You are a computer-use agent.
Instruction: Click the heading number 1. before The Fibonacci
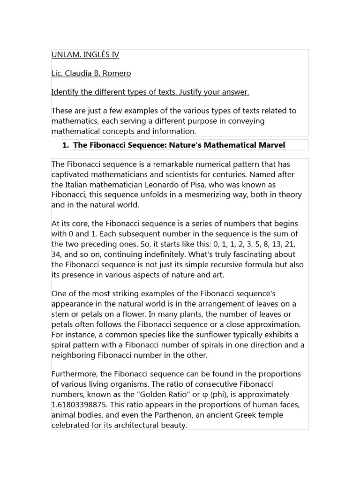[66, 145]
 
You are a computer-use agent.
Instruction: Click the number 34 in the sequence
[56, 254]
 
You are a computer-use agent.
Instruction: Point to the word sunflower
[219, 335]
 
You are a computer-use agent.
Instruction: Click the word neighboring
[74, 355]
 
